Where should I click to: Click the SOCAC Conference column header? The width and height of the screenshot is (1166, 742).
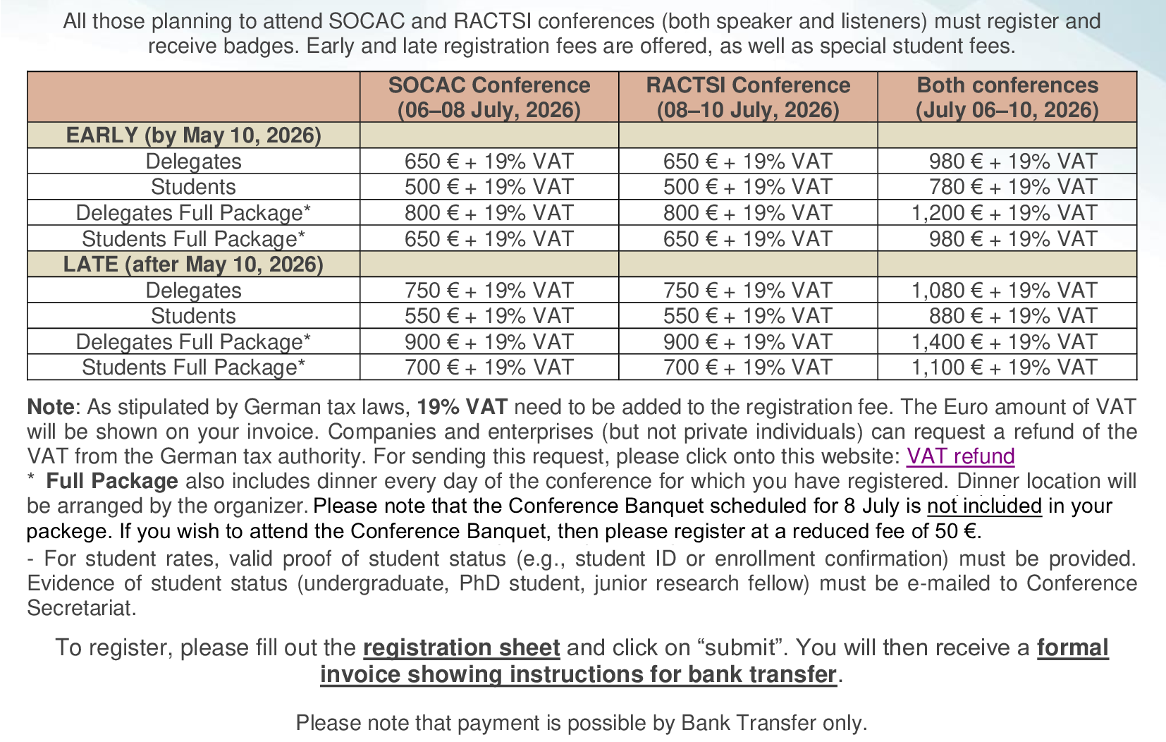[489, 97]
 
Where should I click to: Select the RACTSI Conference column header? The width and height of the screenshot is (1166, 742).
[748, 97]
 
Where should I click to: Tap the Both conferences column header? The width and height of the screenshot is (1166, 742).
[1007, 97]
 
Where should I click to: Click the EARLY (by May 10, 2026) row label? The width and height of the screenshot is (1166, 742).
[193, 135]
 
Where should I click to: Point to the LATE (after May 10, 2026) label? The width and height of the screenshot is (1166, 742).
[193, 264]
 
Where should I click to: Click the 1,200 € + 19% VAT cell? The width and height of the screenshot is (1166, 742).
[1004, 212]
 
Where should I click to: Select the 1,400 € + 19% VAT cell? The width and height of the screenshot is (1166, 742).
[1004, 341]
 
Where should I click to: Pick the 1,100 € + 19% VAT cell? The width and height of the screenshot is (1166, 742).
[1004, 367]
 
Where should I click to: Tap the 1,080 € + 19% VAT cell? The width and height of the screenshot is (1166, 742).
[1004, 290]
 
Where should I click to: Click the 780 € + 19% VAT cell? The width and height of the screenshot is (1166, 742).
[1012, 187]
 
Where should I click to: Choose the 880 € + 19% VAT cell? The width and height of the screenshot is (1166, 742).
[1012, 315]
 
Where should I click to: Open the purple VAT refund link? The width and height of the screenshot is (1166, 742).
[960, 456]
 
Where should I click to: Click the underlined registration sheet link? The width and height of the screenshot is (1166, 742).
[461, 647]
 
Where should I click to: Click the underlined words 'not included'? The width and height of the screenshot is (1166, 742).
[984, 506]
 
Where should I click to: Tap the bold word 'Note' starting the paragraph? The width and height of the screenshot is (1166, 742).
[50, 407]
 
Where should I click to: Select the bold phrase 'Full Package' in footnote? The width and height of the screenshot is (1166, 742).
[112, 481]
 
